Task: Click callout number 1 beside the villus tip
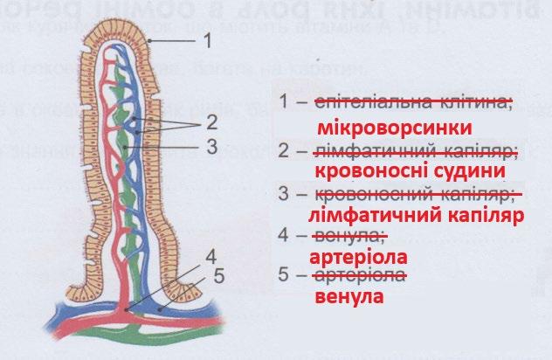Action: pyautogui.click(x=206, y=39)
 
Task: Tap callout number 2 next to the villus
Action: pyautogui.click(x=210, y=120)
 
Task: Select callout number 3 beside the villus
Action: pyautogui.click(x=210, y=146)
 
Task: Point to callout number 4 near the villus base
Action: pyautogui.click(x=211, y=257)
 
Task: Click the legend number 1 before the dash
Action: pyautogui.click(x=283, y=103)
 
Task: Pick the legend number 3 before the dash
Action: pyautogui.click(x=283, y=191)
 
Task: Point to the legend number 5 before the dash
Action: pyautogui.click(x=283, y=276)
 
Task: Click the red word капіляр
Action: pyautogui.click(x=489, y=214)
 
